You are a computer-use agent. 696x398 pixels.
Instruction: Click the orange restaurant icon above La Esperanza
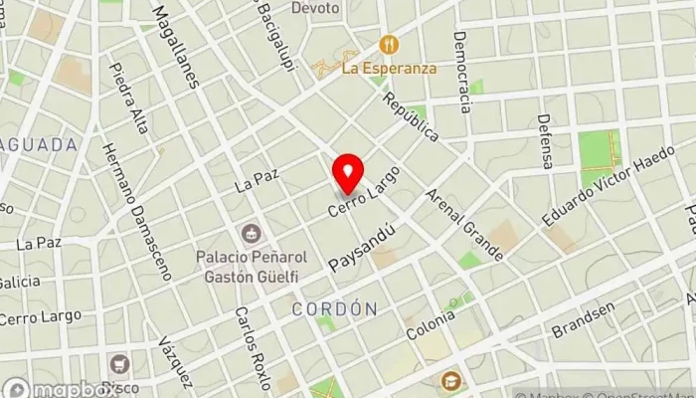(388, 46)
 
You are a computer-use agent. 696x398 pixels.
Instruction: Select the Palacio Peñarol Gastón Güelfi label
(252, 265)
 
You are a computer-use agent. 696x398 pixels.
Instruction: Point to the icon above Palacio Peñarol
(251, 234)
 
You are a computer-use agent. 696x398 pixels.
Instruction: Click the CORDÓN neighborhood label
(335, 309)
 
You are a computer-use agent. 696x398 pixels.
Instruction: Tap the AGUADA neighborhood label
(39, 144)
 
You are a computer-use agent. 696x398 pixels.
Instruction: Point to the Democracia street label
(460, 72)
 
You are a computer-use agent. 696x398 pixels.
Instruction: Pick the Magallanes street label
(176, 45)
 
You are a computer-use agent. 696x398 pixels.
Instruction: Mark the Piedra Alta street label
(130, 99)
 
